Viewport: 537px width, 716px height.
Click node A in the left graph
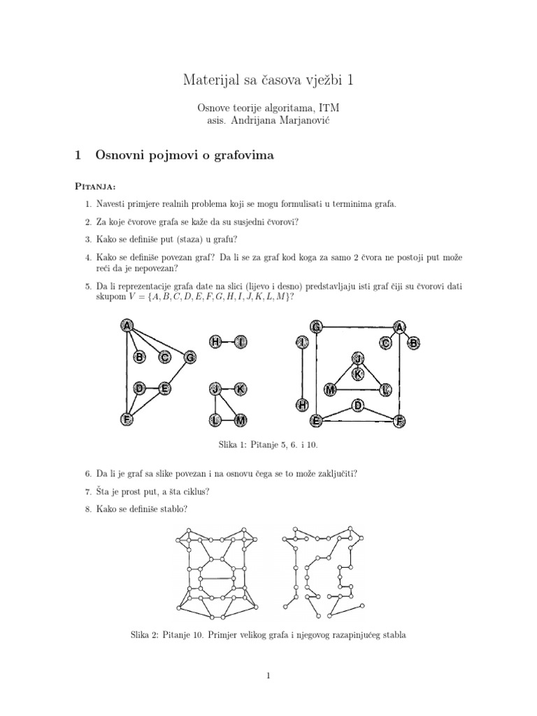[x=127, y=325]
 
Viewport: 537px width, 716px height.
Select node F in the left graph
[x=127, y=420]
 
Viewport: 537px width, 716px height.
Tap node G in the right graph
[x=316, y=327]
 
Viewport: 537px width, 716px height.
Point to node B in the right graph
[x=413, y=343]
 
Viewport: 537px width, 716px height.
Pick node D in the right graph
[x=358, y=405]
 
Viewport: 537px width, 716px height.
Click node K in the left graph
[x=240, y=388]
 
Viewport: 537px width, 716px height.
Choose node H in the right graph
[x=302, y=405]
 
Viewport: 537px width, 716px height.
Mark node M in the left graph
[x=240, y=420]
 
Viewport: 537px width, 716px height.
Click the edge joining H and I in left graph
[x=228, y=342]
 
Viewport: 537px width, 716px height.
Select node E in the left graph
[x=164, y=388]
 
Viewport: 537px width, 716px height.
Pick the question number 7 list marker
[x=88, y=492]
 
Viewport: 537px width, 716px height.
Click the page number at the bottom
[x=268, y=675]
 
